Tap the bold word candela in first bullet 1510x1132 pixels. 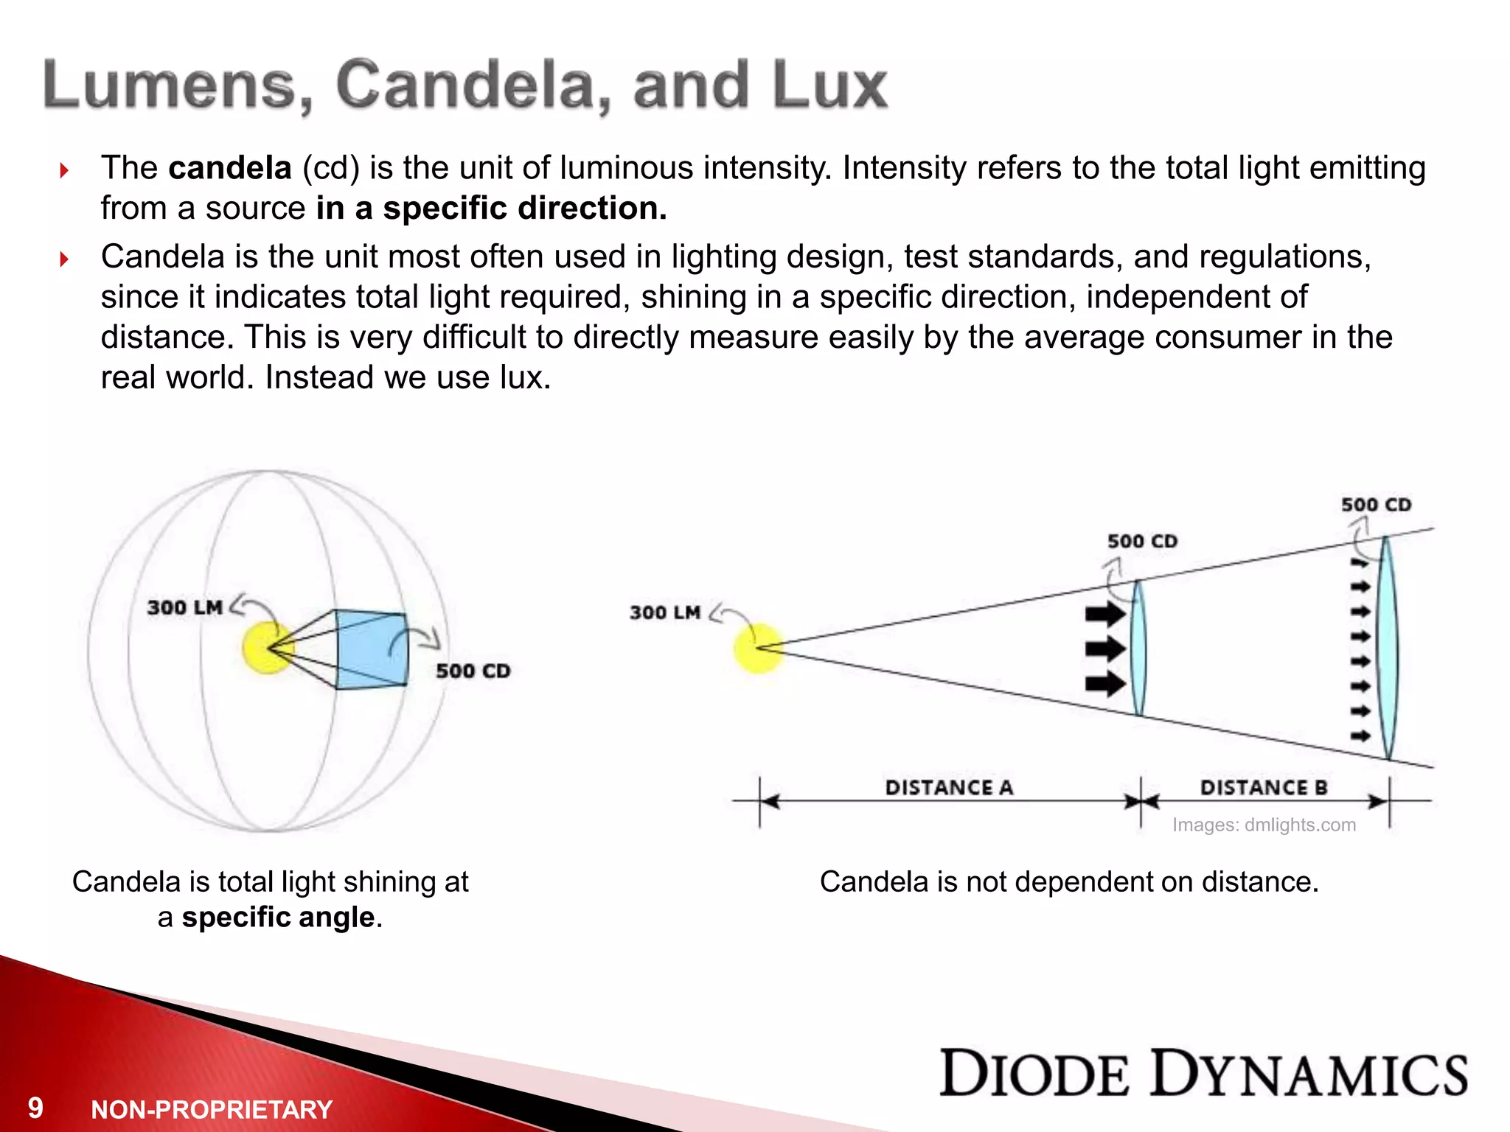coord(230,168)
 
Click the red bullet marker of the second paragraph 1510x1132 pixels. coord(64,259)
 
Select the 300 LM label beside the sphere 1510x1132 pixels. coord(184,607)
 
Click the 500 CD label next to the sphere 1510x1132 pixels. coord(473,671)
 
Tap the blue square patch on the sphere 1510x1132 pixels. coord(371,649)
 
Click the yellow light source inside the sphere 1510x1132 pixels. coord(267,648)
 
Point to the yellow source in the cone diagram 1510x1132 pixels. coord(757,648)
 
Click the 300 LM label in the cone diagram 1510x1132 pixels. coord(664,612)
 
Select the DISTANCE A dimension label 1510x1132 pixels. coord(949,788)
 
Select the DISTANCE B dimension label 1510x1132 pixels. coord(1264,788)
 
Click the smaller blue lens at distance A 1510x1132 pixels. coord(1139,649)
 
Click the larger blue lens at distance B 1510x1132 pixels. coord(1388,649)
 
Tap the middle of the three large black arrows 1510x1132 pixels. coord(1104,649)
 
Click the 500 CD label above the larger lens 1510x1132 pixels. coord(1376,505)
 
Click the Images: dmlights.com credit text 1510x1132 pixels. coord(1264,825)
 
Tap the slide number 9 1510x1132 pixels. coord(35,1108)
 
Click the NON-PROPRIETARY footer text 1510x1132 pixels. coord(212,1109)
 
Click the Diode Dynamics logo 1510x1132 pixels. coord(1203,1073)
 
